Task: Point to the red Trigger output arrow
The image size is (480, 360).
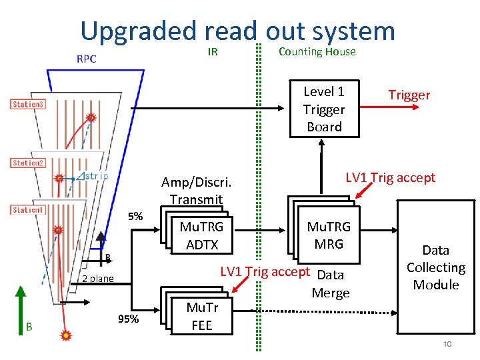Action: pos(389,107)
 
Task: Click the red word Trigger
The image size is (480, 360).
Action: pos(409,95)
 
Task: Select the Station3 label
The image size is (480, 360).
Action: pos(28,104)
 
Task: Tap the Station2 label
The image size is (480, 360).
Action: pos(28,163)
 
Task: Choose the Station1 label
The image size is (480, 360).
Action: pos(28,210)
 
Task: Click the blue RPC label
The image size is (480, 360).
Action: pos(86,59)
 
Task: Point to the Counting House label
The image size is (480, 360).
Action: pos(317,52)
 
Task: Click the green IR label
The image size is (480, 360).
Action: pos(213,52)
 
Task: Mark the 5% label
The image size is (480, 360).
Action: pos(135,217)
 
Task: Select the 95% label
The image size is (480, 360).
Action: pos(129,319)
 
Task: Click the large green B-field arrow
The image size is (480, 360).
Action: pos(21,311)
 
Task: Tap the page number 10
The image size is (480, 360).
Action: pos(447,344)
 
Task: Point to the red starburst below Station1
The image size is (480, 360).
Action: pos(65,335)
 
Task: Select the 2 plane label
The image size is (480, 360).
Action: pos(97,279)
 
